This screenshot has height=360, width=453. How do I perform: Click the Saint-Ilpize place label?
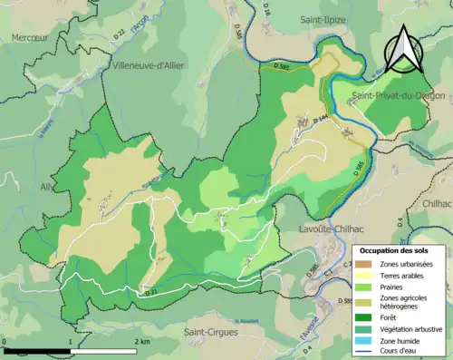point(325,17)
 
